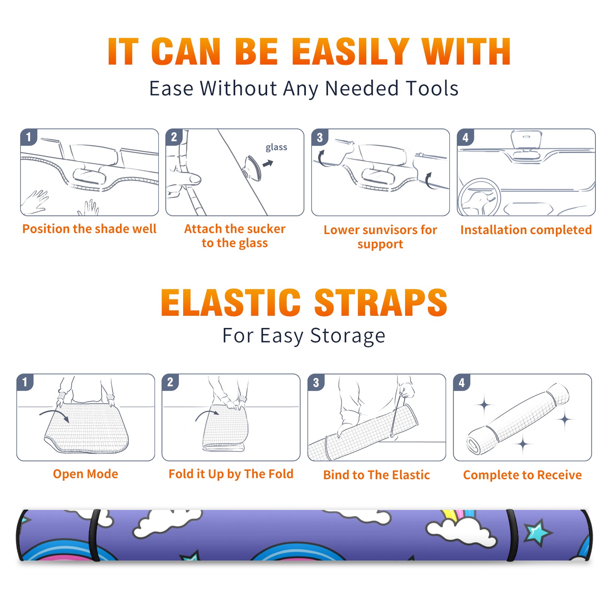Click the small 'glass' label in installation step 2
pos(276,147)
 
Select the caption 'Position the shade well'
pos(89,229)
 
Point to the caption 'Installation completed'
pos(526,230)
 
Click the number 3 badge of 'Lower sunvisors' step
pos(320,137)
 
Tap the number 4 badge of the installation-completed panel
pos(465,137)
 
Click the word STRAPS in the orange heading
pos(381,302)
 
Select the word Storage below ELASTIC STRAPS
pos(348,336)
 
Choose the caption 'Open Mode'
pos(85,474)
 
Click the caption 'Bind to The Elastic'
pos(377,475)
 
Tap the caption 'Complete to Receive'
pos(522,475)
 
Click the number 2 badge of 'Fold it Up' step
pos(170,382)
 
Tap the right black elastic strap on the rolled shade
pos(512,535)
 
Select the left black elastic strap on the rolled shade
pos(94,535)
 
